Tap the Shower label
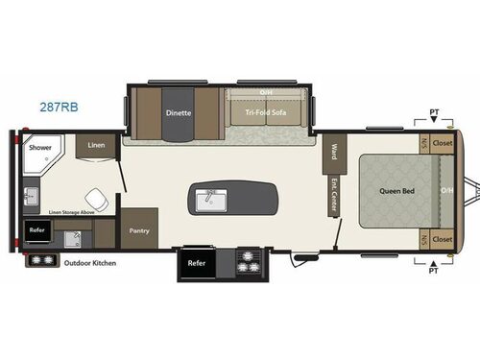click(39, 149)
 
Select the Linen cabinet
click(96, 145)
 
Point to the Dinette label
click(179, 113)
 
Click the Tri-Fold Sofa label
click(266, 112)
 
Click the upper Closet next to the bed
click(443, 143)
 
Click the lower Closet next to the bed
click(443, 239)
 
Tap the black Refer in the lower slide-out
click(196, 262)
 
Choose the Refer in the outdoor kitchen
click(36, 230)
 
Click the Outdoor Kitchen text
click(90, 262)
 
